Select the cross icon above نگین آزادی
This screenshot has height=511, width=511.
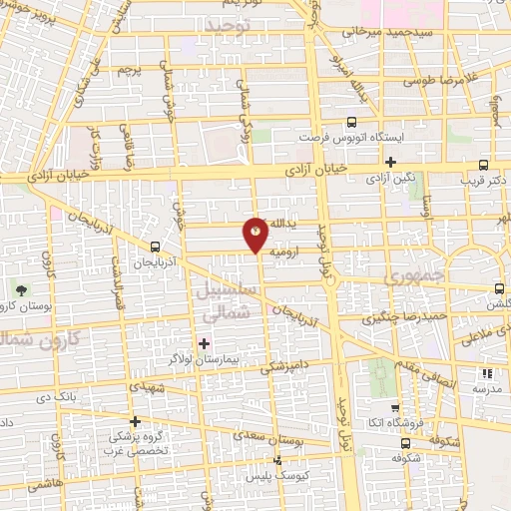(x=390, y=162)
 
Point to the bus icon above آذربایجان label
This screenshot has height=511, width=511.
(x=155, y=247)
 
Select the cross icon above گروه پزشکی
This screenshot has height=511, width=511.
(x=135, y=420)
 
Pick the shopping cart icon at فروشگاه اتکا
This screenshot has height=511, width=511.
(x=395, y=408)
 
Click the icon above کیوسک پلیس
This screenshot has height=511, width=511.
(x=278, y=460)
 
